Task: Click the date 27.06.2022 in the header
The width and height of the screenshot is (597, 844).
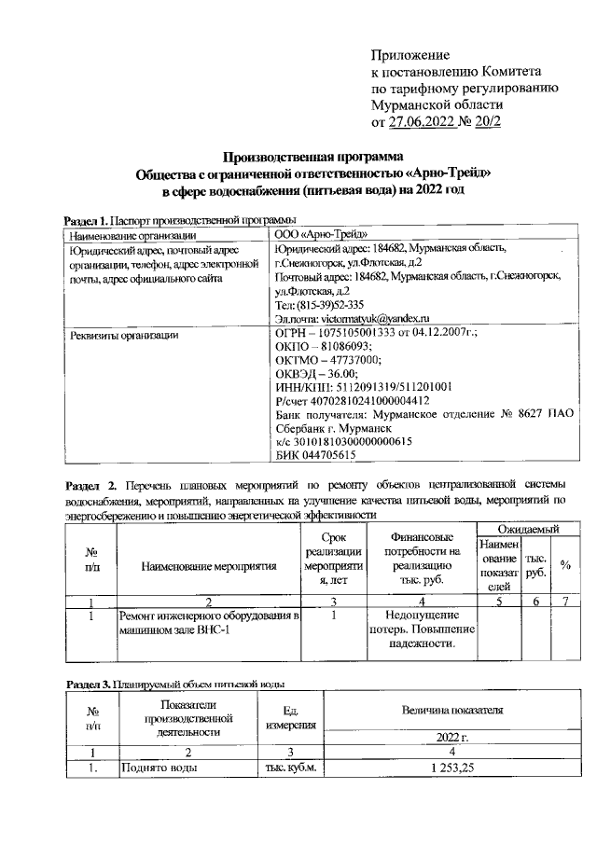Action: (425, 122)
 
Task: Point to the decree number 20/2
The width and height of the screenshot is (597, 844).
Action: (487, 122)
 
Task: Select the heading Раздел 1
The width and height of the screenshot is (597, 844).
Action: (85, 220)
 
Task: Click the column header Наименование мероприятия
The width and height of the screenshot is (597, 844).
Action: (210, 565)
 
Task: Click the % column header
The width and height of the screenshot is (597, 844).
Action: (564, 565)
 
